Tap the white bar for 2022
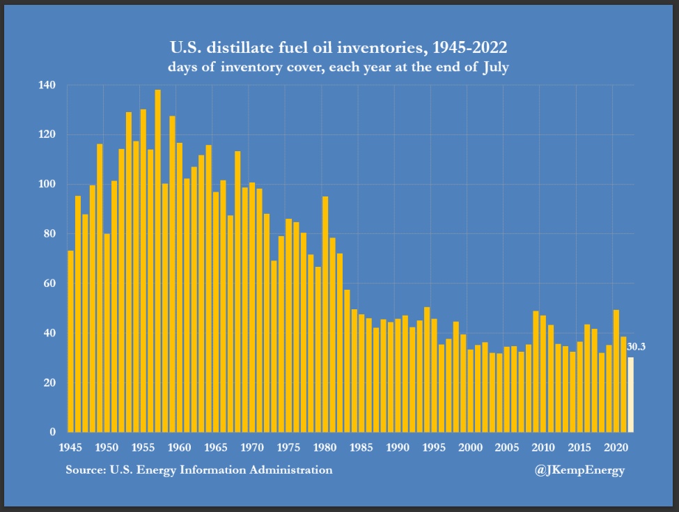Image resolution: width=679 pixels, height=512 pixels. pos(631,394)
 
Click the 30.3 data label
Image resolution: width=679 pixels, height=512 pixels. pos(636,346)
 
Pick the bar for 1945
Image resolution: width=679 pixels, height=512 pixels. pos(70,341)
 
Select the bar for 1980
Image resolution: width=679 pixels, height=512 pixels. pos(325,314)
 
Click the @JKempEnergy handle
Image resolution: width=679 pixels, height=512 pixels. pos(579,470)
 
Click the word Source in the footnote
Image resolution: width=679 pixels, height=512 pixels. pos(85,470)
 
